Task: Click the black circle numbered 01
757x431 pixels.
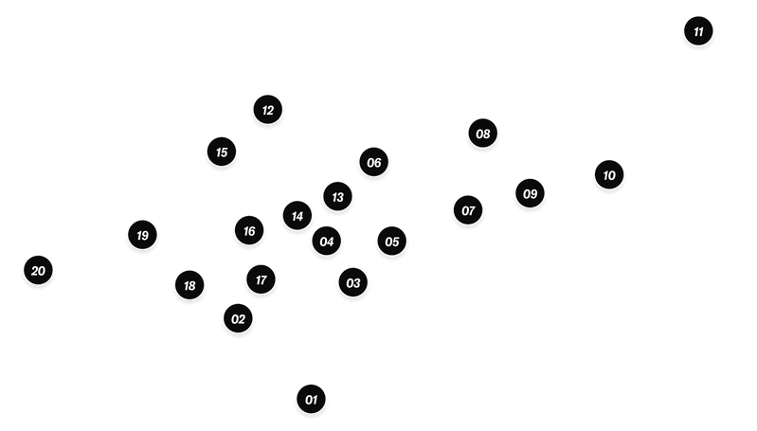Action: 311,399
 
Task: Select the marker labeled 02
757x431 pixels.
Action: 238,318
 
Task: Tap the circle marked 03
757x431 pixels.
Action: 352,282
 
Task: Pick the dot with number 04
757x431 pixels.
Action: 326,241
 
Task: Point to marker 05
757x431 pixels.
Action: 391,241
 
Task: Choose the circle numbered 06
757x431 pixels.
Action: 373,162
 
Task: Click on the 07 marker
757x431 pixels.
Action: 468,210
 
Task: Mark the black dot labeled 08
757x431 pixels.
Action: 483,134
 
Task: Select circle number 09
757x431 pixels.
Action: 530,193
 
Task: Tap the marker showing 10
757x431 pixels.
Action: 609,174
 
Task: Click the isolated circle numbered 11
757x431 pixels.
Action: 698,31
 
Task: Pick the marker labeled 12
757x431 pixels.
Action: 267,110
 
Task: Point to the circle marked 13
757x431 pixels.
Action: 337,196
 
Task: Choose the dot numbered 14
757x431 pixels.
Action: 297,216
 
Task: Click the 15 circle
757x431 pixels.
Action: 221,152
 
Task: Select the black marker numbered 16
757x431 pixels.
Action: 249,230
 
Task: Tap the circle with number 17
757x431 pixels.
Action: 261,279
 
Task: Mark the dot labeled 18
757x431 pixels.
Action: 189,285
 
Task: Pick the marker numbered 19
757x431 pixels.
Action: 142,235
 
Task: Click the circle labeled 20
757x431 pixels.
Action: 38,270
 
